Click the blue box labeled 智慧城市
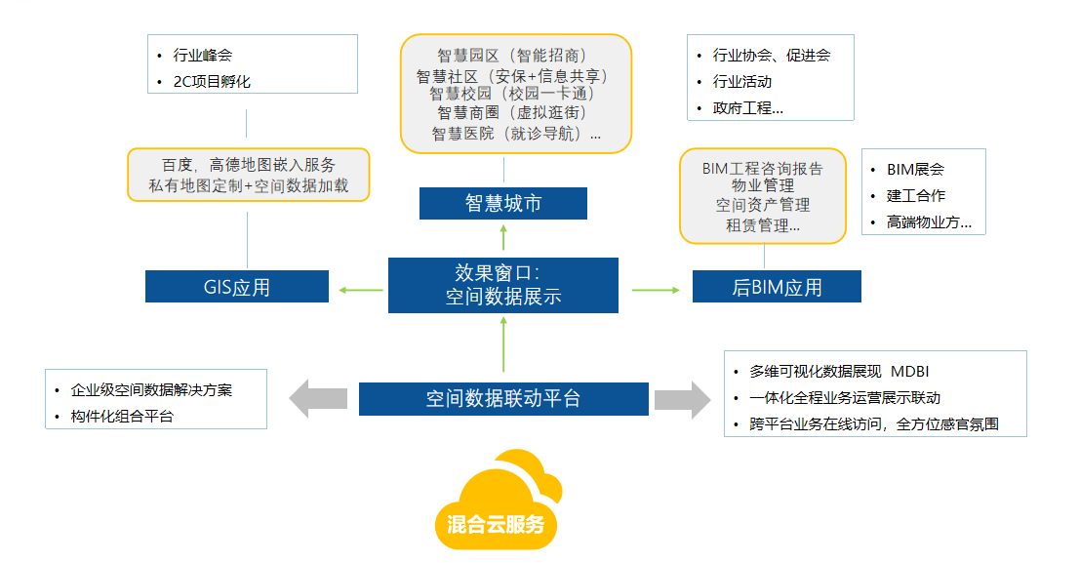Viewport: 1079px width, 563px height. tap(503, 204)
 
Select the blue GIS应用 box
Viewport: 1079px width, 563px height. tap(237, 287)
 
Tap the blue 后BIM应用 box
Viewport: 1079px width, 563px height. tap(777, 287)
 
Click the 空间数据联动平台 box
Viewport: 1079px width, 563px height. tap(503, 399)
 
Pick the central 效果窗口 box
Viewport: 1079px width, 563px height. tap(503, 285)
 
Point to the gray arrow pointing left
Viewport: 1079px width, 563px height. tap(318, 398)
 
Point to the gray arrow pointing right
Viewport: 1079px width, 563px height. tap(683, 398)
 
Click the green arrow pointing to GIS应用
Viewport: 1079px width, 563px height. tap(360, 289)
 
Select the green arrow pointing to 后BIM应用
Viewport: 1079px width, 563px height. tap(655, 289)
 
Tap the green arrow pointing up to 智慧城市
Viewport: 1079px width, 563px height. tap(503, 238)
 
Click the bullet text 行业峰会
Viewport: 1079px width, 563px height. tap(203, 56)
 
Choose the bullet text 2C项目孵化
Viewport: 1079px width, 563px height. tap(212, 81)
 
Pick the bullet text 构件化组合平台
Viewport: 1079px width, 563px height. tap(123, 417)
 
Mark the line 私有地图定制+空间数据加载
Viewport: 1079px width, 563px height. tap(249, 185)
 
